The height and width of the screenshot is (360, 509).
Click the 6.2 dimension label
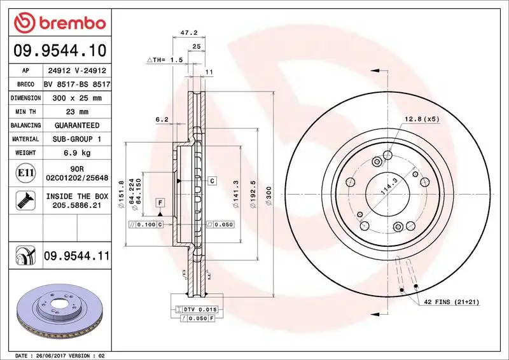(x=162, y=119)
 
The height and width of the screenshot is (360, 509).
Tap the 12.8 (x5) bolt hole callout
(x=421, y=119)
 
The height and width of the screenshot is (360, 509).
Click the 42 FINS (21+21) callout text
(x=452, y=302)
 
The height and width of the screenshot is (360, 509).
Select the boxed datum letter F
(x=160, y=202)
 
